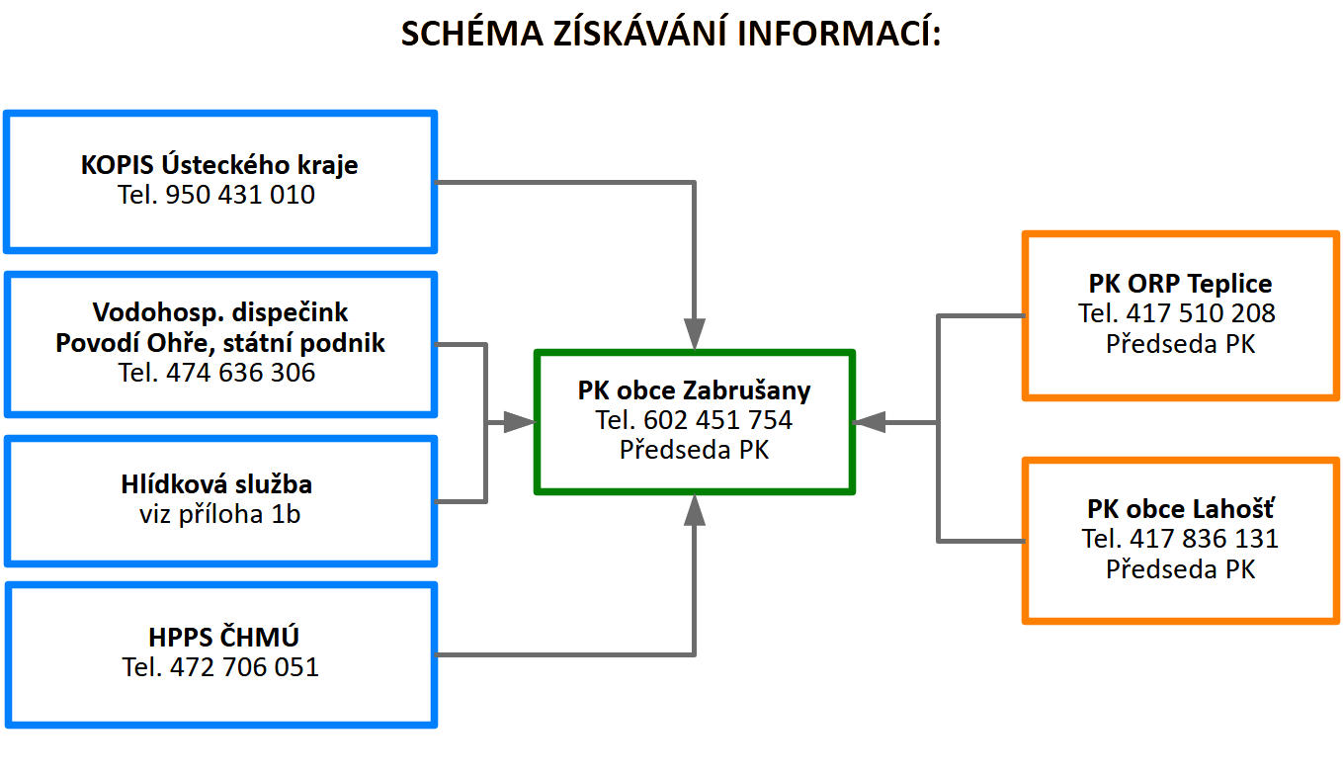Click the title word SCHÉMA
(x=471, y=33)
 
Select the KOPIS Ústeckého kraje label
(x=219, y=165)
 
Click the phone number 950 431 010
(x=240, y=195)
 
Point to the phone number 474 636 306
(x=240, y=373)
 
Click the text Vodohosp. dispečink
(x=220, y=312)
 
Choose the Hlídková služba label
(x=216, y=484)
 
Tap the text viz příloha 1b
(x=220, y=515)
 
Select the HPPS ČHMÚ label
(x=223, y=637)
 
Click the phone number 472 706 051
(x=244, y=667)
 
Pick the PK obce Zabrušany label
(x=695, y=390)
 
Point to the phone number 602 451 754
(x=717, y=420)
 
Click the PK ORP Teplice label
(x=1180, y=284)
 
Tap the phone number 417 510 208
(x=1201, y=313)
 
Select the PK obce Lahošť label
(x=1181, y=509)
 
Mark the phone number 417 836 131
(x=1204, y=539)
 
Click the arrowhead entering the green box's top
(x=695, y=334)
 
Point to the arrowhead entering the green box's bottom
(x=695, y=510)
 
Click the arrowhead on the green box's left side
(x=519, y=422)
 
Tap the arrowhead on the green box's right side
(x=869, y=422)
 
